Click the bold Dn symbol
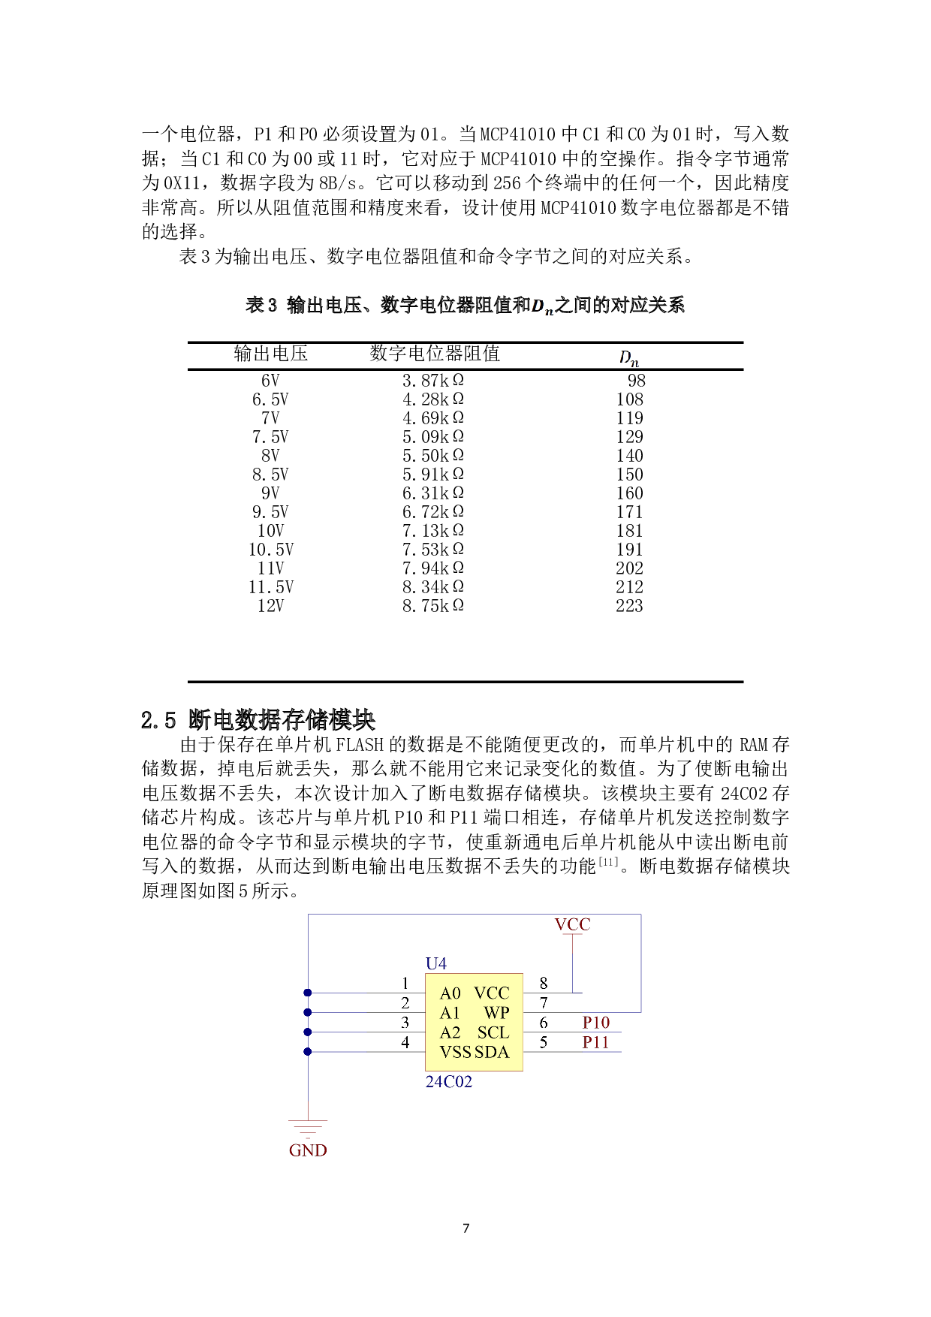click(542, 306)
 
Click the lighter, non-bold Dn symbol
click(629, 357)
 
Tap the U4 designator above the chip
click(435, 963)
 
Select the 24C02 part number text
click(448, 1082)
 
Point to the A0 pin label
click(450, 993)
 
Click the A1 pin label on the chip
click(450, 1013)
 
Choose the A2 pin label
click(450, 1032)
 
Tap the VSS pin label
click(455, 1052)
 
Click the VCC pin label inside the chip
click(492, 993)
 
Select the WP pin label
click(496, 1013)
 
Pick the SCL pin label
click(493, 1032)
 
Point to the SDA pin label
click(493, 1052)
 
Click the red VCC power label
click(572, 925)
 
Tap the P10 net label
click(596, 1023)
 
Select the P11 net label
click(595, 1042)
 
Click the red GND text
click(308, 1150)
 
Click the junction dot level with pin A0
click(308, 993)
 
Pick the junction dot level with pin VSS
click(308, 1052)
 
